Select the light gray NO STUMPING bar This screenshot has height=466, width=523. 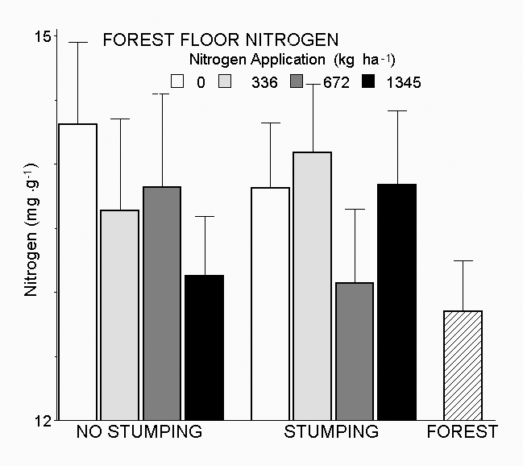pos(120,315)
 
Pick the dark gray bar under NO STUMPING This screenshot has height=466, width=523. pos(162,303)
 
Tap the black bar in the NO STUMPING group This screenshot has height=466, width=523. pos(204,347)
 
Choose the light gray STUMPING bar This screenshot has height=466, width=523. pos(312,286)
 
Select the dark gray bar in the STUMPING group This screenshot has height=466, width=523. pos(354,352)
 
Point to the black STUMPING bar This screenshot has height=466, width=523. pos(396,302)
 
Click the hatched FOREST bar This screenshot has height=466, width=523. pos(463,365)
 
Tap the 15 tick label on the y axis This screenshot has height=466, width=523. pos(43,36)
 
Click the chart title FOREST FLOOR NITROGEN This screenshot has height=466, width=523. pos(220,40)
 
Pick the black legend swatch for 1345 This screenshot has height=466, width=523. pos(370,81)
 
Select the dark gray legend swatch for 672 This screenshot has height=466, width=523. pos(297,81)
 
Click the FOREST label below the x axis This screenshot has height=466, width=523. pos(462,432)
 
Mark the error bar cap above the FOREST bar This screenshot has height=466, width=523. pos(463,260)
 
